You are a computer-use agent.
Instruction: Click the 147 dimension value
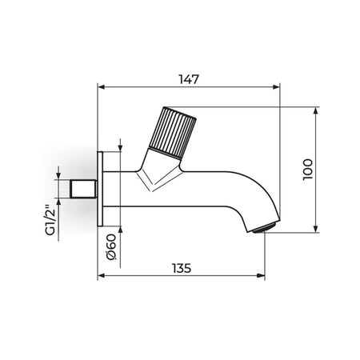click(x=189, y=79)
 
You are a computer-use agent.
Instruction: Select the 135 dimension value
click(x=182, y=268)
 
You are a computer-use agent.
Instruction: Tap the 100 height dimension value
click(x=308, y=170)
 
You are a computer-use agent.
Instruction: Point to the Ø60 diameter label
click(x=111, y=246)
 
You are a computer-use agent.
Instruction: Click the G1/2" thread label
click(x=50, y=220)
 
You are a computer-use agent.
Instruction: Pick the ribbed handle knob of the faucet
click(x=173, y=133)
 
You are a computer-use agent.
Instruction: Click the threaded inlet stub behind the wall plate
click(x=83, y=189)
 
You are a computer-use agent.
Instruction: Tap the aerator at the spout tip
click(x=264, y=228)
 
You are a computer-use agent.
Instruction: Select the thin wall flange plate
click(x=100, y=189)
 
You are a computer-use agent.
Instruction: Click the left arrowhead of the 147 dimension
click(x=101, y=87)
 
